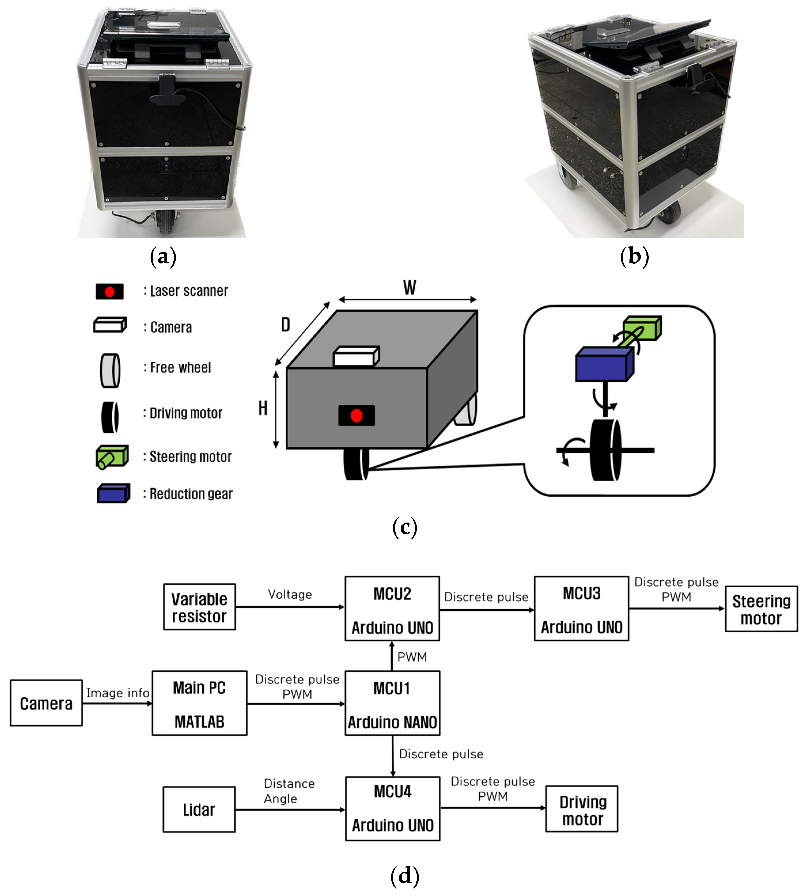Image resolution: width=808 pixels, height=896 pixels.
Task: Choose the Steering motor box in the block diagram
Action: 761,609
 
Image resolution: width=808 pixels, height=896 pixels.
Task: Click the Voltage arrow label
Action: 290,595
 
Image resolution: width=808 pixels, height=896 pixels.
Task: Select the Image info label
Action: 118,693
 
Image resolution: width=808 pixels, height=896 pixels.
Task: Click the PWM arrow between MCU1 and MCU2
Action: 392,656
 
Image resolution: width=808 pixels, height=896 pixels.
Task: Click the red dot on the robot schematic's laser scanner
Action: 356,415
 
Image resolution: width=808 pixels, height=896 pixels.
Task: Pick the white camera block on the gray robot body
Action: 356,356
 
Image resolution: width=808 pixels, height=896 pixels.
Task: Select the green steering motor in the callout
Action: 642,328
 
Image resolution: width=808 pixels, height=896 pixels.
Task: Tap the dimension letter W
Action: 409,288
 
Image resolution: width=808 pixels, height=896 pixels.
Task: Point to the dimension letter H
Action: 263,408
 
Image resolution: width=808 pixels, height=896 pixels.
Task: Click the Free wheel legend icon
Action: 110,370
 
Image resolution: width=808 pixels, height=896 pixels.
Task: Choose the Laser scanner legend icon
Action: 110,292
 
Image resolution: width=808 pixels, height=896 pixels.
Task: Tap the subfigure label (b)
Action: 634,257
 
